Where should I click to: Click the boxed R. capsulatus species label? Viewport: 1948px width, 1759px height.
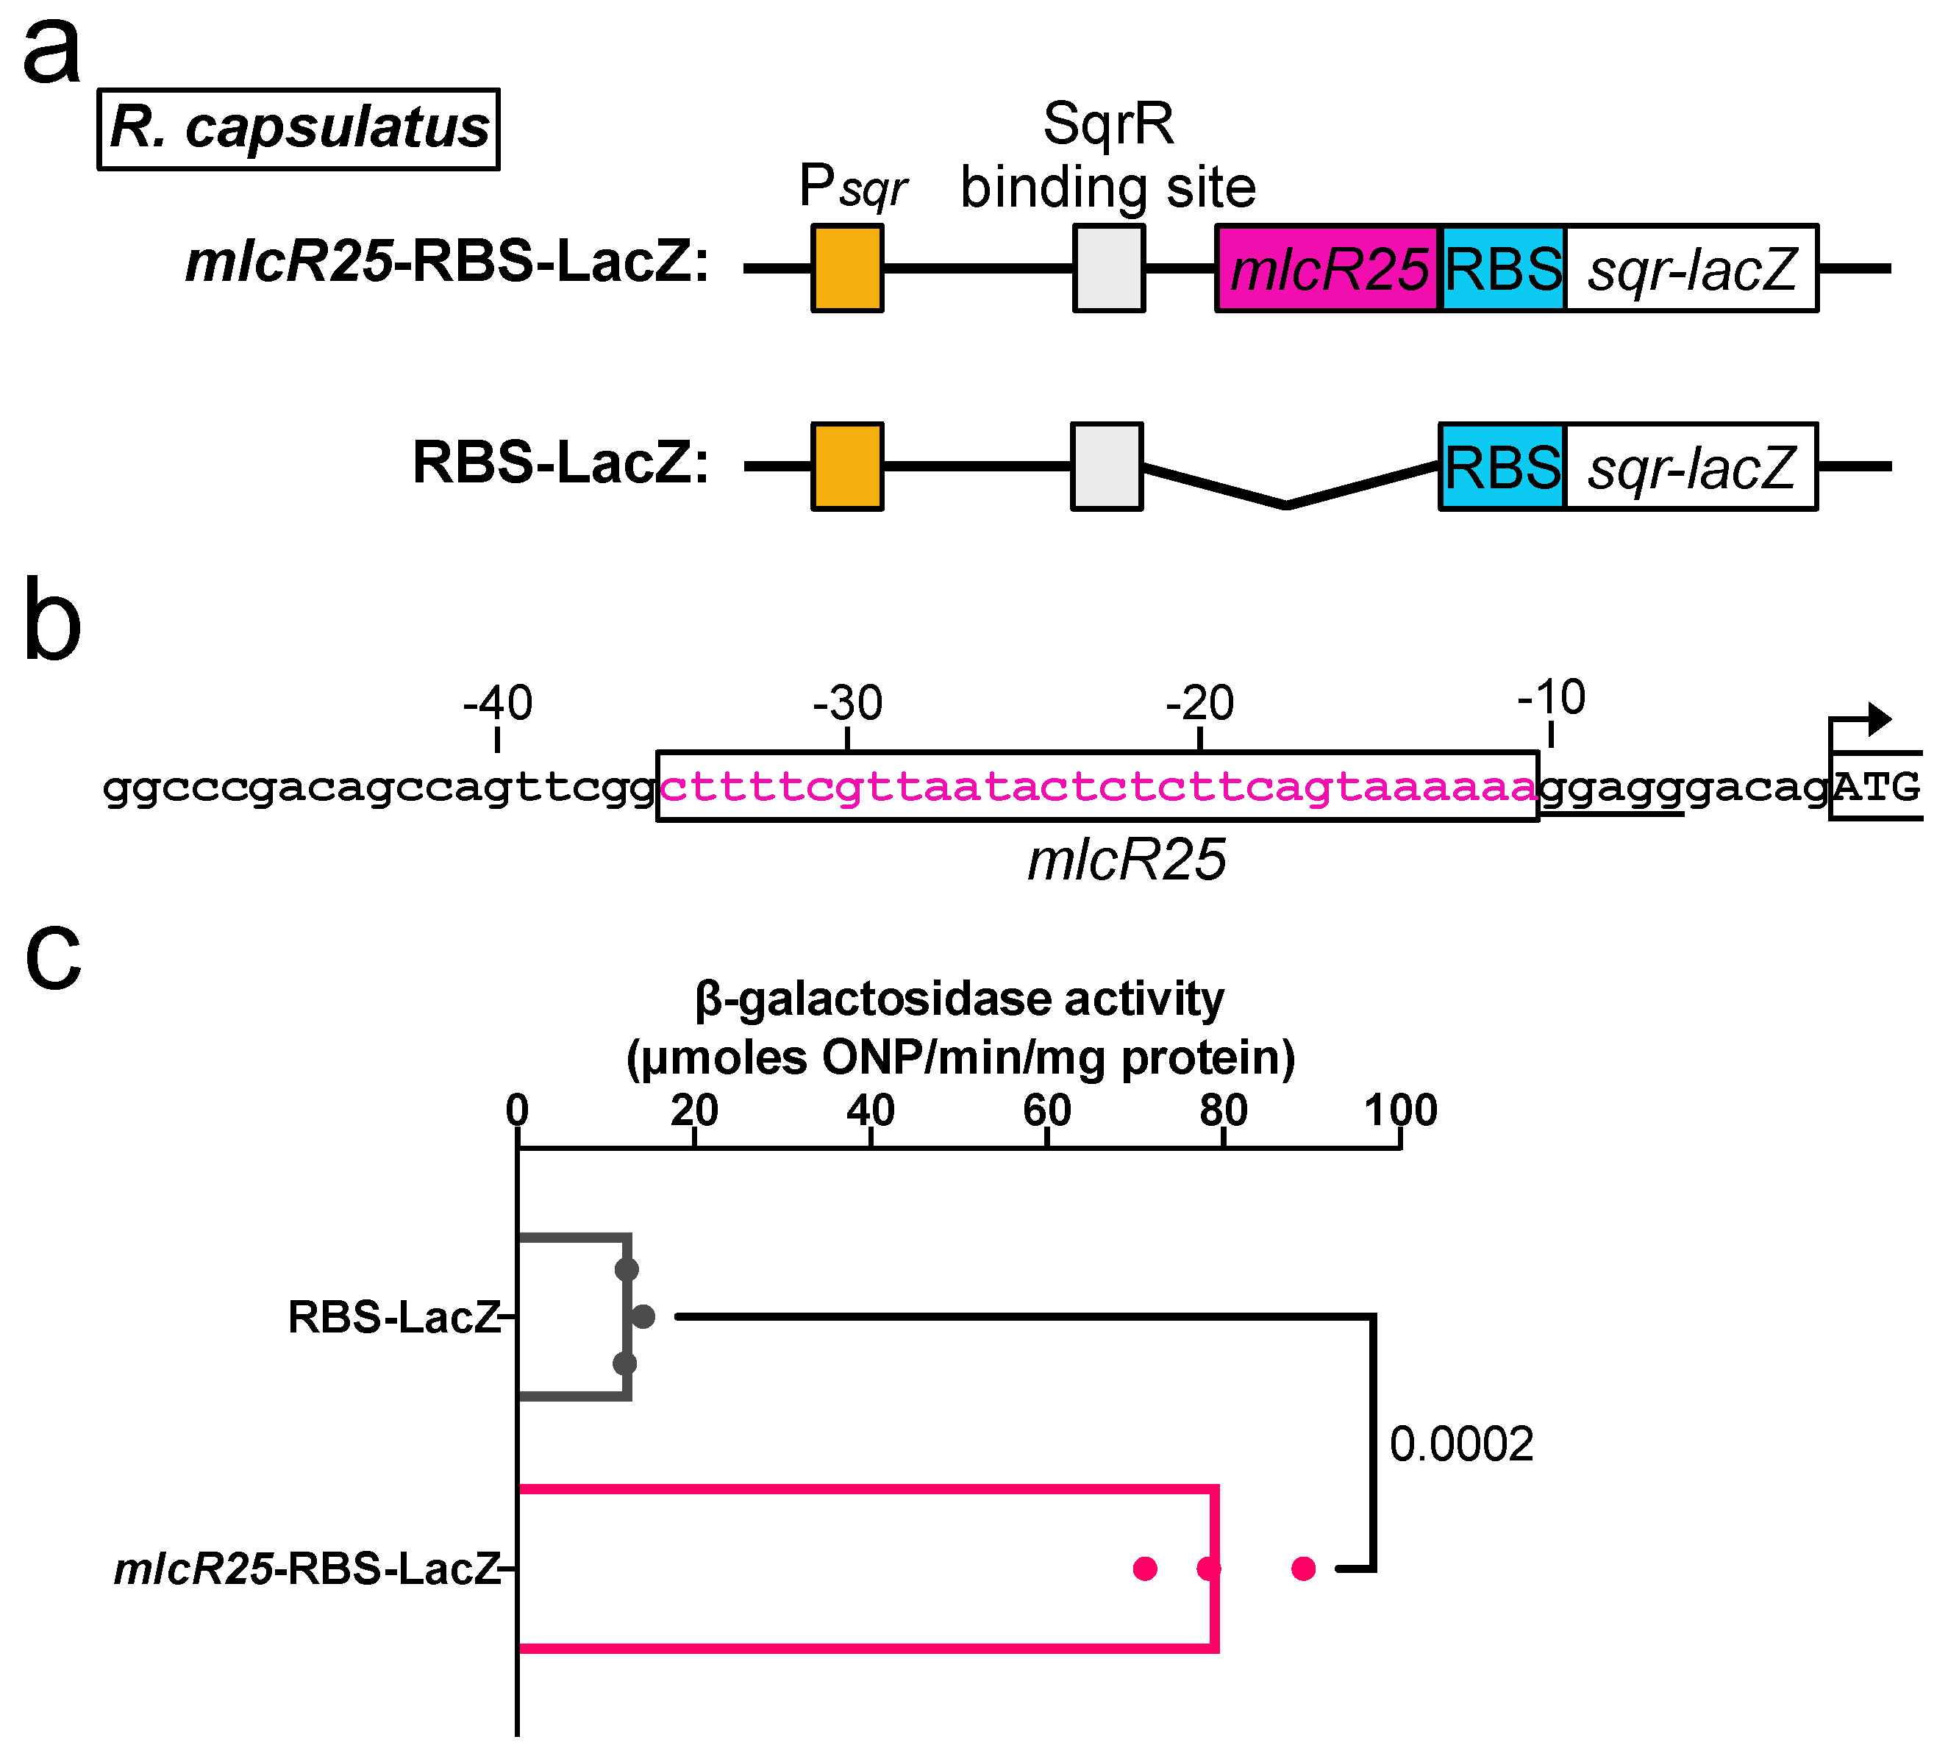pyautogui.click(x=299, y=129)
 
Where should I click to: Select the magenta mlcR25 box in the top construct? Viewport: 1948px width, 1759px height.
pyautogui.click(x=1327, y=268)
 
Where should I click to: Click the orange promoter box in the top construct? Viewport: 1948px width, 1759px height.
pyautogui.click(x=847, y=268)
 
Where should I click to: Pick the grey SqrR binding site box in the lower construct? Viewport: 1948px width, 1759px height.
pyautogui.click(x=1107, y=465)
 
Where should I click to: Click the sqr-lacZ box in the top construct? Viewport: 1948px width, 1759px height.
pyautogui.click(x=1691, y=268)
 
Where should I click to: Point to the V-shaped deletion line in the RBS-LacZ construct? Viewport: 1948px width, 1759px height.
pyautogui.click(x=1287, y=501)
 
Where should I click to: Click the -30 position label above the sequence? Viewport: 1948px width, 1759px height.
pyautogui.click(x=847, y=704)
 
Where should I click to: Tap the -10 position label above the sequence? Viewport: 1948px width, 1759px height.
pyautogui.click(x=1551, y=698)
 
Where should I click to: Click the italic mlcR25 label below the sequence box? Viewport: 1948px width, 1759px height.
pyautogui.click(x=1127, y=859)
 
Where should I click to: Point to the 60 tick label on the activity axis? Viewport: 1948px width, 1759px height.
pyautogui.click(x=1047, y=1110)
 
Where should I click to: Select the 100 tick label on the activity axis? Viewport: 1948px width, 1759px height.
pyautogui.click(x=1401, y=1110)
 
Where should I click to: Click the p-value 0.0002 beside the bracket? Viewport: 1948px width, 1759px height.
pyautogui.click(x=1461, y=1445)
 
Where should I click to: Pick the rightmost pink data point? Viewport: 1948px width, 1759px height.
pyautogui.click(x=1304, y=1569)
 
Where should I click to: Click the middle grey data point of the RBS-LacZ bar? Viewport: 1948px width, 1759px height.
pyautogui.click(x=644, y=1316)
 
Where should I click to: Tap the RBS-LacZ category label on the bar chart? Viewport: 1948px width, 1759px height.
pyautogui.click(x=394, y=1317)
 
